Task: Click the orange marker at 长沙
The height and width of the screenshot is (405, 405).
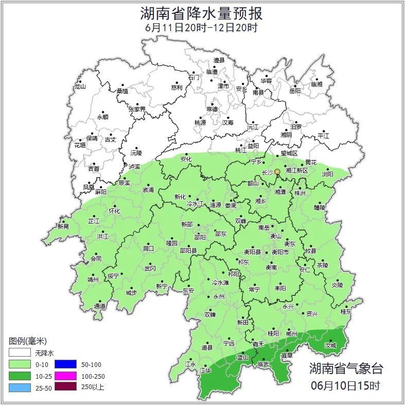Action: pyautogui.click(x=277, y=172)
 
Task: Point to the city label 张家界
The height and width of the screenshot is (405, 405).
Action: pyautogui.click(x=137, y=109)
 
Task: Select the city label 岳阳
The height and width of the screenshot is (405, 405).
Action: pyautogui.click(x=294, y=91)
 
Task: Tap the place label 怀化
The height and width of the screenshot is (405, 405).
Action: pyautogui.click(x=114, y=211)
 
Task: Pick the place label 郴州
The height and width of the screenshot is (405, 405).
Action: pyautogui.click(x=291, y=333)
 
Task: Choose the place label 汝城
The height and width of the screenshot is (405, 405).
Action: pyautogui.click(x=330, y=345)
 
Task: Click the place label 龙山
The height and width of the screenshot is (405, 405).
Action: pyautogui.click(x=80, y=86)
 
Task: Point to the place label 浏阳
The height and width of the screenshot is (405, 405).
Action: pyautogui.click(x=328, y=174)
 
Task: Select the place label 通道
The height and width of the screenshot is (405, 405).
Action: pyautogui.click(x=100, y=306)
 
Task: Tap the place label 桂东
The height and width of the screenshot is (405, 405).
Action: pyautogui.click(x=346, y=311)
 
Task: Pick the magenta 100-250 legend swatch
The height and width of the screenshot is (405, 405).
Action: pyautogui.click(x=65, y=376)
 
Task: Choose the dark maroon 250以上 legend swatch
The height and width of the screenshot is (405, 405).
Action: pyautogui.click(x=65, y=387)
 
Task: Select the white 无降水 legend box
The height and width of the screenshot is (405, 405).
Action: pyautogui.click(x=20, y=353)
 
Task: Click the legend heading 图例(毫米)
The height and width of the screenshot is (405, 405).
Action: pyautogui.click(x=28, y=341)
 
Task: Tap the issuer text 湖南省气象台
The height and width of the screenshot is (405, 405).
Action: pyautogui.click(x=346, y=368)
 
